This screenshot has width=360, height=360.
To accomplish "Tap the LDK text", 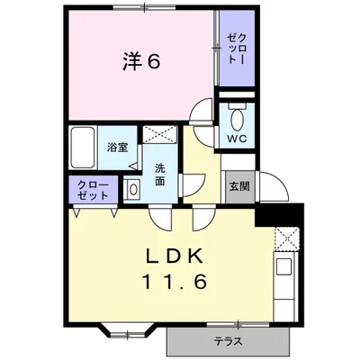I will (175, 254).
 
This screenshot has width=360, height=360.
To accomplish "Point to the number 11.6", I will (175, 281).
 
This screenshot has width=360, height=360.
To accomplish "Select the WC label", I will (236, 139).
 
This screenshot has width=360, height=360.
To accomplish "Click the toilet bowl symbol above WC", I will (237, 119).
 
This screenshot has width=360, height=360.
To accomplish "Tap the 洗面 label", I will (159, 173).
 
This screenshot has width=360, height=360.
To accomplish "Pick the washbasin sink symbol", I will (132, 188).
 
